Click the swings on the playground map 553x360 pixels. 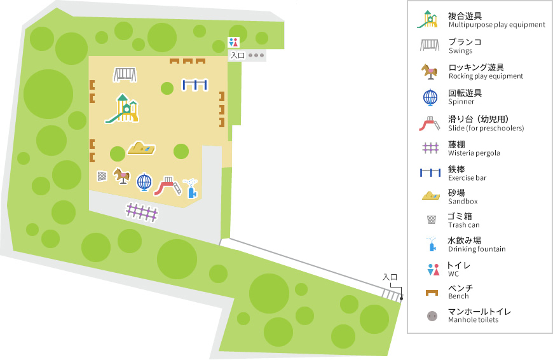(x=125, y=74)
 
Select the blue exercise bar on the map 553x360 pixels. (x=195, y=85)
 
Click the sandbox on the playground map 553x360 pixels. (x=140, y=148)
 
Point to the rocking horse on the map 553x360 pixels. (x=121, y=176)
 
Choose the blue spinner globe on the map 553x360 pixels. (x=145, y=183)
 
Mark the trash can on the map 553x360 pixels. (x=102, y=176)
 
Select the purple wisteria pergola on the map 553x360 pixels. (x=142, y=212)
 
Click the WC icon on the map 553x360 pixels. (x=233, y=43)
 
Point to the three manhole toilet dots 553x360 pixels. (x=256, y=55)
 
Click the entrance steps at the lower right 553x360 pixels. (x=391, y=294)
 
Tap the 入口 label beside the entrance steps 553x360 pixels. (x=390, y=277)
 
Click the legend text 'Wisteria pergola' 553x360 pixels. (x=474, y=153)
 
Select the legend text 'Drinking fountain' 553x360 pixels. (x=476, y=249)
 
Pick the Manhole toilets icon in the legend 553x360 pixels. (x=432, y=315)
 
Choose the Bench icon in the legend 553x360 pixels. (x=432, y=292)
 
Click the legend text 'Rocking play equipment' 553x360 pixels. (x=485, y=76)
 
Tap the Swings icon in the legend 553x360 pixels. (x=430, y=45)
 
